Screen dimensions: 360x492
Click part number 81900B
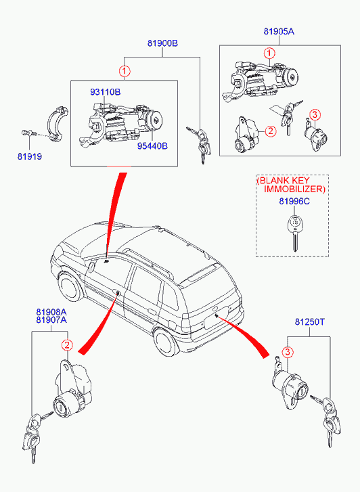162,43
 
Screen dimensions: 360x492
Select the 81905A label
279,31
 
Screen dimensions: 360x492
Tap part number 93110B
106,92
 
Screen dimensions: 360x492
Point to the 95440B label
152,146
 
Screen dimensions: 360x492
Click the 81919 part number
30,156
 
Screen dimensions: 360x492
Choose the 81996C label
294,201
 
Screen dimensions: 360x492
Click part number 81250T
310,322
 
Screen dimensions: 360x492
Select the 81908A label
51,312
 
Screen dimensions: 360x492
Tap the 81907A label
51,319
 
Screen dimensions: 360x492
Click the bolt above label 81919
29,133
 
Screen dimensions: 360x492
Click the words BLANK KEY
283,181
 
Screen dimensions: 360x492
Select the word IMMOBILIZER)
294,189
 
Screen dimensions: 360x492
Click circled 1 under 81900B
125,71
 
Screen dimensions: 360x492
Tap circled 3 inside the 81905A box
315,115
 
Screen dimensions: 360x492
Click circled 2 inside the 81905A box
271,131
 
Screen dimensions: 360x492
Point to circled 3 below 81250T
288,352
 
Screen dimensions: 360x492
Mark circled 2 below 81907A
67,345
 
